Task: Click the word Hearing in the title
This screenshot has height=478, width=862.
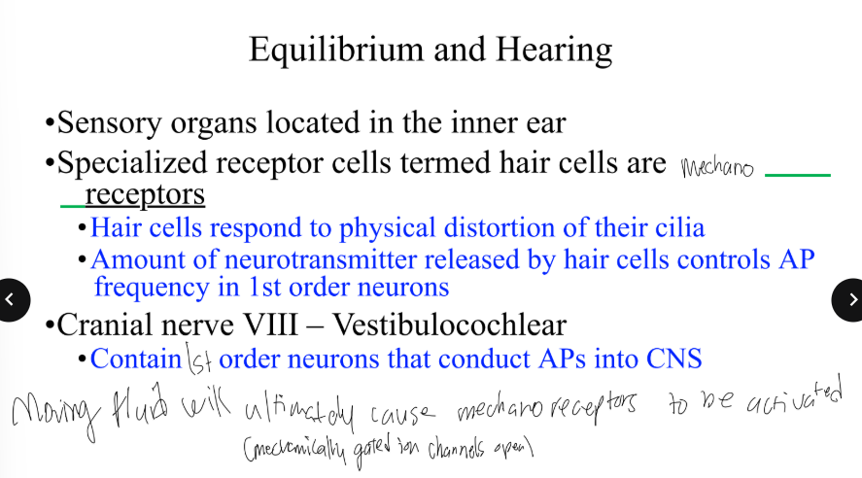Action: [x=554, y=50]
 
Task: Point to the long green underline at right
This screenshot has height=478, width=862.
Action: [x=798, y=175]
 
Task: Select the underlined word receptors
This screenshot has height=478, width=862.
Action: [x=145, y=194]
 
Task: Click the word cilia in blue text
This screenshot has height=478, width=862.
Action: [x=675, y=228]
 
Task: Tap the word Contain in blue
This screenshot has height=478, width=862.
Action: [x=135, y=358]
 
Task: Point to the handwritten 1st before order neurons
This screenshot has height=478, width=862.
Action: [x=199, y=360]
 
